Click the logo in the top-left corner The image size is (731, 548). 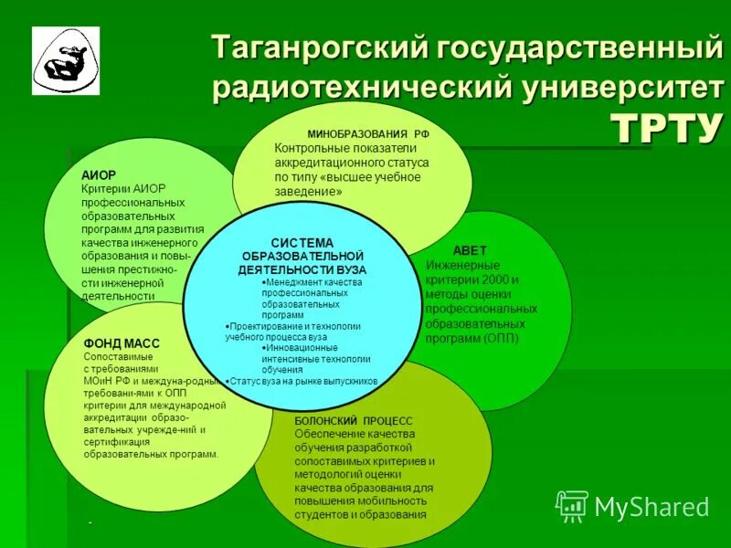(66, 61)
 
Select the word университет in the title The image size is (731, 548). (619, 89)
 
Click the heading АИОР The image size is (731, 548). (98, 174)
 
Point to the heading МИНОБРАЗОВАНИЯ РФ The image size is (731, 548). (368, 133)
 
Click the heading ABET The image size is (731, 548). (471, 250)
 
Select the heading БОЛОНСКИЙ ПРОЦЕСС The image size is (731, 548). (354, 420)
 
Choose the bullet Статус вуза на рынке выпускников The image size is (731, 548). (302, 380)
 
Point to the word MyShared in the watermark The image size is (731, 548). (652, 507)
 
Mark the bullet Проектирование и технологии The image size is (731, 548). (294, 325)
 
